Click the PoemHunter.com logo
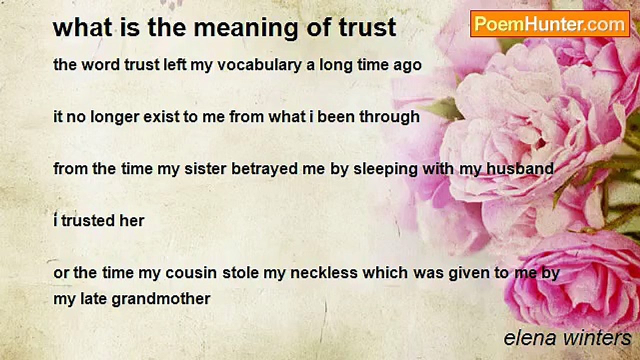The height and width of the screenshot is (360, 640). [549, 23]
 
